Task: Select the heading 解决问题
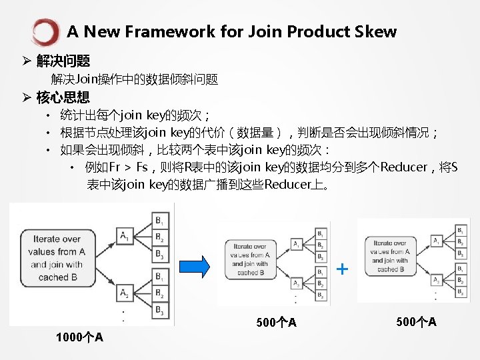tap(63, 61)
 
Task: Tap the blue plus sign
tap(342, 269)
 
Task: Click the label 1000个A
tap(79, 337)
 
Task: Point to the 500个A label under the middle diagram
tap(276, 323)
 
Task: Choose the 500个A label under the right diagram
tap(416, 322)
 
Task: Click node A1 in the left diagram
tap(125, 235)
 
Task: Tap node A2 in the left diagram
tap(125, 292)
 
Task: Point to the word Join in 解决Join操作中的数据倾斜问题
tap(87, 80)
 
